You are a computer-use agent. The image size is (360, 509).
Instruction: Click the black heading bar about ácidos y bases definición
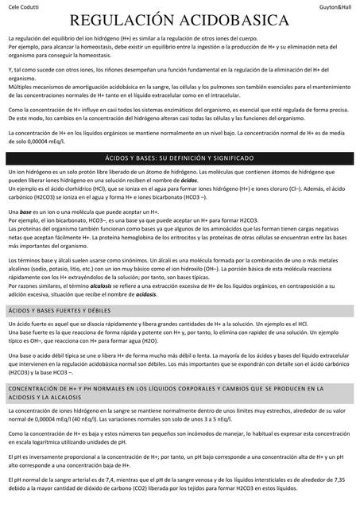tap(180, 158)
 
